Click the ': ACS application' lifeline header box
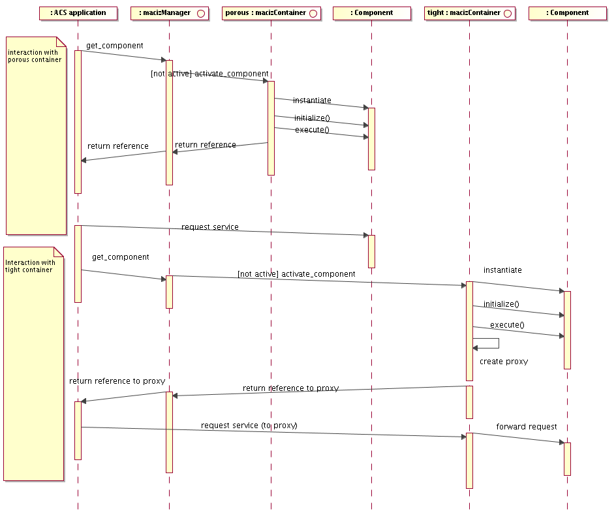click(78, 13)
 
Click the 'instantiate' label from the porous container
click(312, 101)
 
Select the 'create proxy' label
click(503, 361)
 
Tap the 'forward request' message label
click(526, 426)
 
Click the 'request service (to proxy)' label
click(249, 425)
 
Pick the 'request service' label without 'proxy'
click(209, 226)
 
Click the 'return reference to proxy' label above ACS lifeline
click(117, 380)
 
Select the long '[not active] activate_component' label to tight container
click(296, 273)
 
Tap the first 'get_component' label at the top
click(114, 46)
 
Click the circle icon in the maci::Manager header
click(201, 13)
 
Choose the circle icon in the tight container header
click(507, 13)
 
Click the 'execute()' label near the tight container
click(507, 324)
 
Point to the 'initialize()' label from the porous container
click(312, 118)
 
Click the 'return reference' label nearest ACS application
click(117, 146)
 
